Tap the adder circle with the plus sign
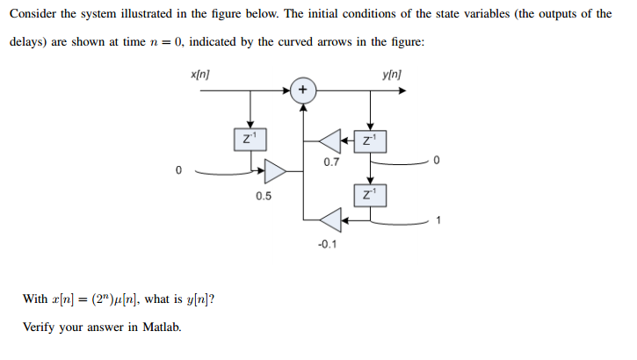[x=302, y=90]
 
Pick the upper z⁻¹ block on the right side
[x=370, y=140]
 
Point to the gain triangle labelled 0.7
[x=329, y=140]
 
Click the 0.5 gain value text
[x=264, y=196]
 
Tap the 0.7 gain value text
[x=330, y=163]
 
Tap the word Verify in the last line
[x=40, y=328]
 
